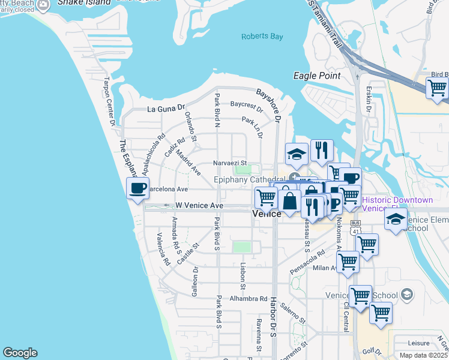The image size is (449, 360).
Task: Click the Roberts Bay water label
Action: [262, 37]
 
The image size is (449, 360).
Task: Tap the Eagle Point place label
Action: [317, 76]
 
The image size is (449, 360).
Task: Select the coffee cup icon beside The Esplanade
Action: [138, 188]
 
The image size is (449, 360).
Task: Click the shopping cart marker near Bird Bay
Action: [437, 88]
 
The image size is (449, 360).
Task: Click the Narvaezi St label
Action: [230, 163]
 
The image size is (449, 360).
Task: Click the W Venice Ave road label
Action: [199, 205]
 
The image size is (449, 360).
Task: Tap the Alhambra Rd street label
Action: [250, 298]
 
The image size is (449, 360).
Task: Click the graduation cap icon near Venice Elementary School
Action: [396, 220]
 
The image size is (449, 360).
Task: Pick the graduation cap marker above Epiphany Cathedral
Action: [297, 155]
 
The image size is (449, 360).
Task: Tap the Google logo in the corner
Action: [20, 353]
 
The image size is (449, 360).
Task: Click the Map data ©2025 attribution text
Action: [423, 355]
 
